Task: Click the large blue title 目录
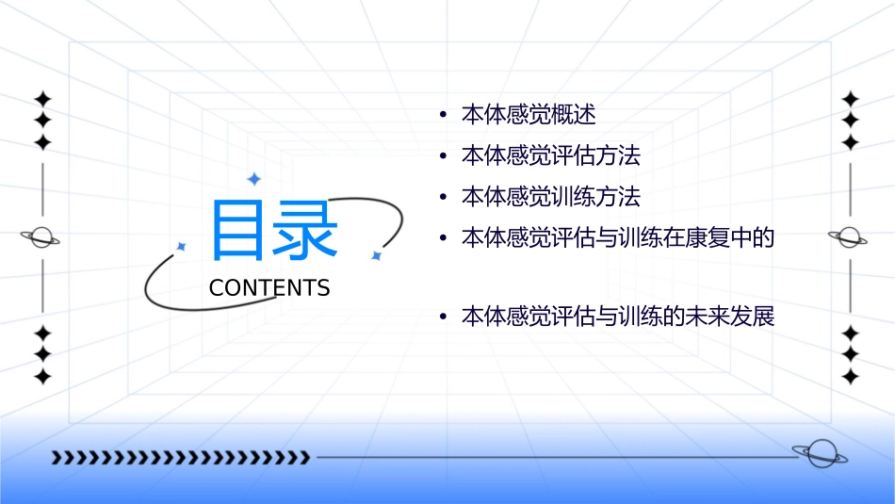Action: [x=274, y=231]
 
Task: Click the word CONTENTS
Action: [x=269, y=288]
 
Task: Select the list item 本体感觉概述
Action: [x=529, y=115]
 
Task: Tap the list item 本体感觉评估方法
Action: [x=551, y=155]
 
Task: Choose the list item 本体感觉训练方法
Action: [x=551, y=197]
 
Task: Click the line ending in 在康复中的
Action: [x=617, y=237]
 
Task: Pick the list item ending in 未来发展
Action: [x=617, y=317]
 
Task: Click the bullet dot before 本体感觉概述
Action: [x=443, y=116]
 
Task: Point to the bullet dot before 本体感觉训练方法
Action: [x=443, y=198]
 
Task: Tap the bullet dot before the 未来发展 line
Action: [x=443, y=317]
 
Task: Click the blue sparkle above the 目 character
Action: [x=253, y=179]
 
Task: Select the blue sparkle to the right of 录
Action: [x=375, y=255]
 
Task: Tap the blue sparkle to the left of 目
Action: [x=182, y=246]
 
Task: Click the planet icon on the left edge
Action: [x=41, y=237]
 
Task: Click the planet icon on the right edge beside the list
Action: [x=849, y=237]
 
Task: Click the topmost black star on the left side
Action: [x=41, y=98]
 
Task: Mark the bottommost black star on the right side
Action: [x=851, y=377]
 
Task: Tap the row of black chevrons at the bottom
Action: [x=180, y=458]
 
